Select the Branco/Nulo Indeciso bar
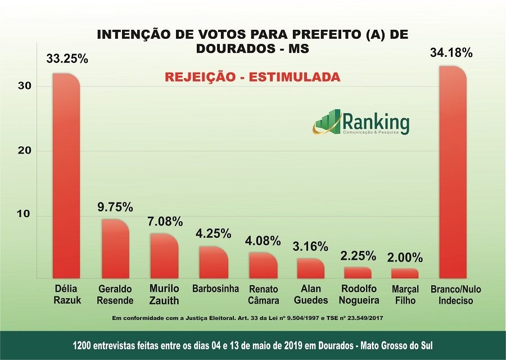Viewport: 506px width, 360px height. coord(453,172)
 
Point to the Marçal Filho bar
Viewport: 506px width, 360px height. coord(405,273)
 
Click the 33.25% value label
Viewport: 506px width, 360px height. coord(67,58)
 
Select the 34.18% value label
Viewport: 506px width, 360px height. coord(451,53)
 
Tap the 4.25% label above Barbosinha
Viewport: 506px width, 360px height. coord(213,234)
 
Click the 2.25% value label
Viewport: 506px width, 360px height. coord(358,256)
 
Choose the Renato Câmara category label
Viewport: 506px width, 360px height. coord(263,295)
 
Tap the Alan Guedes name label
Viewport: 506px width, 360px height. coord(310,295)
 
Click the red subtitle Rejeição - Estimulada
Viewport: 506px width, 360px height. coord(252,77)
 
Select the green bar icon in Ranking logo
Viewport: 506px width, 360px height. coord(327,121)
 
